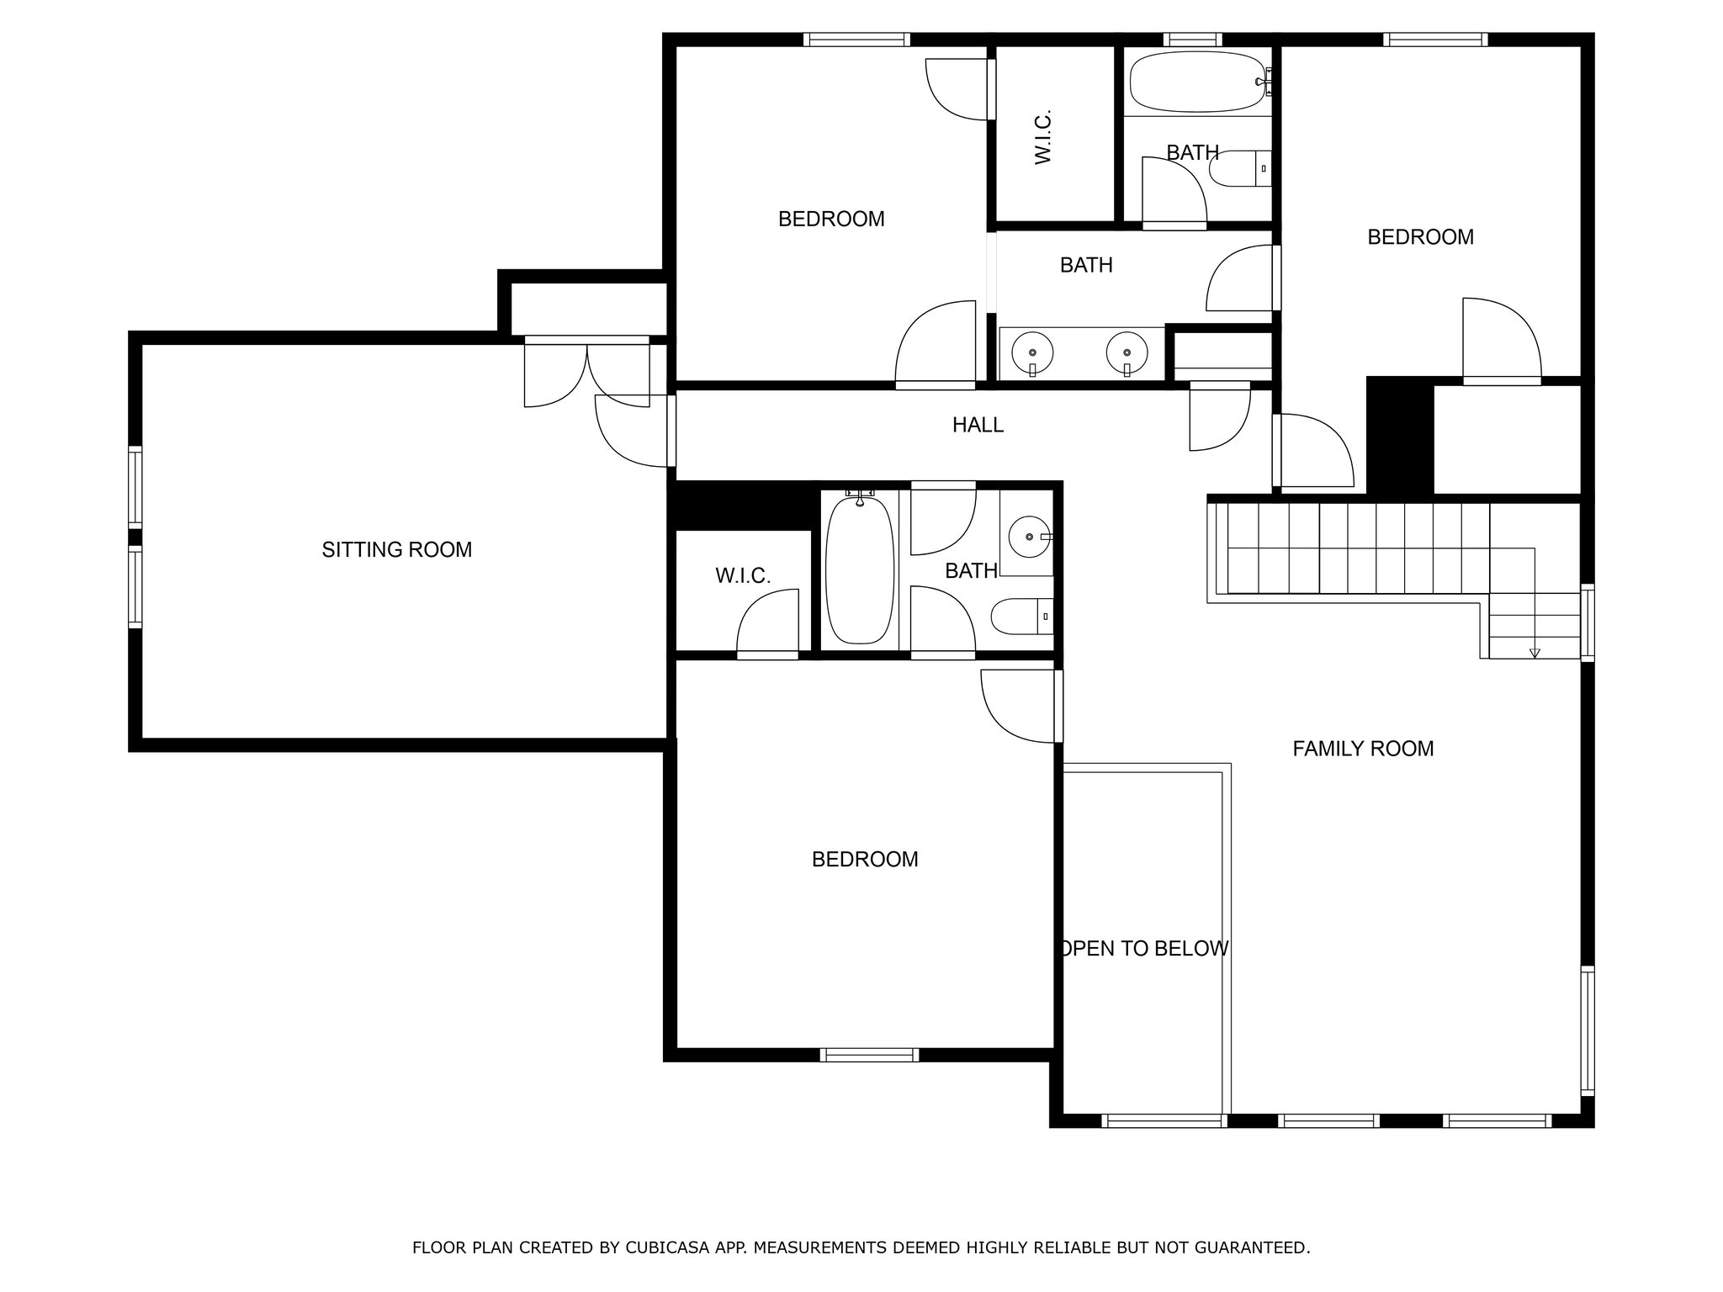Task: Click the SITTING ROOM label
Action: [x=397, y=550]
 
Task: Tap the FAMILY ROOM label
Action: [x=1363, y=749]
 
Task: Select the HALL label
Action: [x=978, y=426]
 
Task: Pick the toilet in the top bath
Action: [x=1239, y=169]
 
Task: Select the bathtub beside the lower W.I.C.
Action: [x=859, y=569]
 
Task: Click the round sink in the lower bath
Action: [x=1028, y=536]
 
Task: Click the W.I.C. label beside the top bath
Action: [x=1044, y=137]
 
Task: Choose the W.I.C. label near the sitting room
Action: [x=743, y=576]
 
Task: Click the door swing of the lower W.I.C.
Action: [x=767, y=621]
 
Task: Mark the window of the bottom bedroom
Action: [x=869, y=1055]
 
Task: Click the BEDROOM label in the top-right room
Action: [x=1420, y=237]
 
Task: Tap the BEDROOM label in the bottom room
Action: [x=865, y=860]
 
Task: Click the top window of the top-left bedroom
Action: [x=856, y=39]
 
